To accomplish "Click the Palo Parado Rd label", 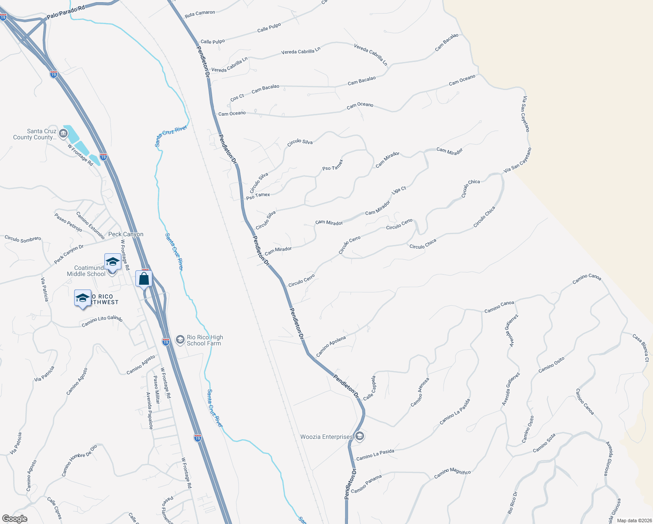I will coord(65,12).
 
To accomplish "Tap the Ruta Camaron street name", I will coord(200,14).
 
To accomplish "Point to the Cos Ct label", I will coord(237,98).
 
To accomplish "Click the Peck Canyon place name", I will coord(126,234).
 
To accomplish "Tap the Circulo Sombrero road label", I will coord(23,239).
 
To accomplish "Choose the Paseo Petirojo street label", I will coord(68,222).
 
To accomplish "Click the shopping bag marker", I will coord(144,278).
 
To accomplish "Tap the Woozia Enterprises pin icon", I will coord(360,436).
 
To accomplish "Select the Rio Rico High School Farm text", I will coord(205,340).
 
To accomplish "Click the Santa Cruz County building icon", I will coord(63,133).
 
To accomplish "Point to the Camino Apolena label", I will coord(331,346).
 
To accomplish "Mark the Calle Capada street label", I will coord(369,388).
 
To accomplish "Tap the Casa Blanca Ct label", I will coord(641,348).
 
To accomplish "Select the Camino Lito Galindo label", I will coord(102,321).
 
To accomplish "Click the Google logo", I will coord(14,519).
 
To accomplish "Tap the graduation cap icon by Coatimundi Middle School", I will coord(113,262).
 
